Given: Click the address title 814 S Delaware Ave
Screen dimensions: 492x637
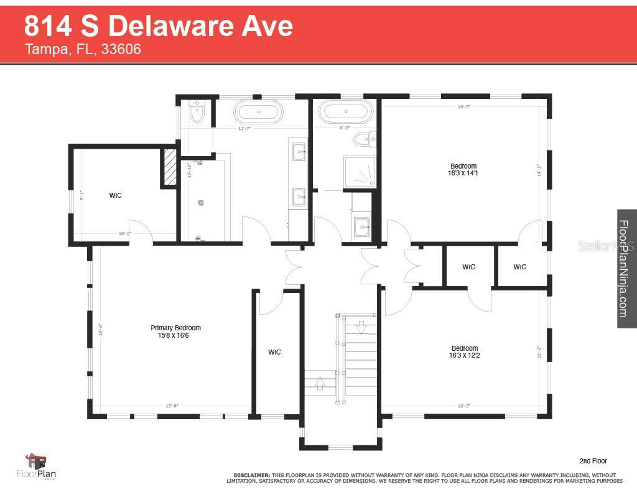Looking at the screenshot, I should (x=158, y=26).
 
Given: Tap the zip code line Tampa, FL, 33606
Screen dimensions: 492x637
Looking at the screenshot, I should (x=82, y=49).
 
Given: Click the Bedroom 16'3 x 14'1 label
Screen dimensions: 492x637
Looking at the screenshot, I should (x=463, y=169).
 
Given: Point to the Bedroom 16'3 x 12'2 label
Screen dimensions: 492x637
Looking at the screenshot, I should (x=465, y=351).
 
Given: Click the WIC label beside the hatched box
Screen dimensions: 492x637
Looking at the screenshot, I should (x=115, y=195).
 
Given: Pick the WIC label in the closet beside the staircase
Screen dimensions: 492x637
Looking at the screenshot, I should (x=274, y=352).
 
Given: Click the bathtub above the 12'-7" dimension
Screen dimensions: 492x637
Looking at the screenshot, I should (x=258, y=113).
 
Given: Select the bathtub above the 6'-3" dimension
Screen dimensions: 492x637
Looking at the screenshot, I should (x=343, y=112).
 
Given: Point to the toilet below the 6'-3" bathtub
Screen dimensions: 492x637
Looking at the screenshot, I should (x=371, y=139).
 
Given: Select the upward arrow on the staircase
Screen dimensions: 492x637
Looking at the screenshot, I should (x=320, y=382).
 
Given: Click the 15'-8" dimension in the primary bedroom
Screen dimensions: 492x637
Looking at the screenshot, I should (x=172, y=406).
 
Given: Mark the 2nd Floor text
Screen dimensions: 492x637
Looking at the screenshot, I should (x=592, y=461).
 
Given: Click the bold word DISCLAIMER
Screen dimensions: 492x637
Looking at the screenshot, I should (x=251, y=474).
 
